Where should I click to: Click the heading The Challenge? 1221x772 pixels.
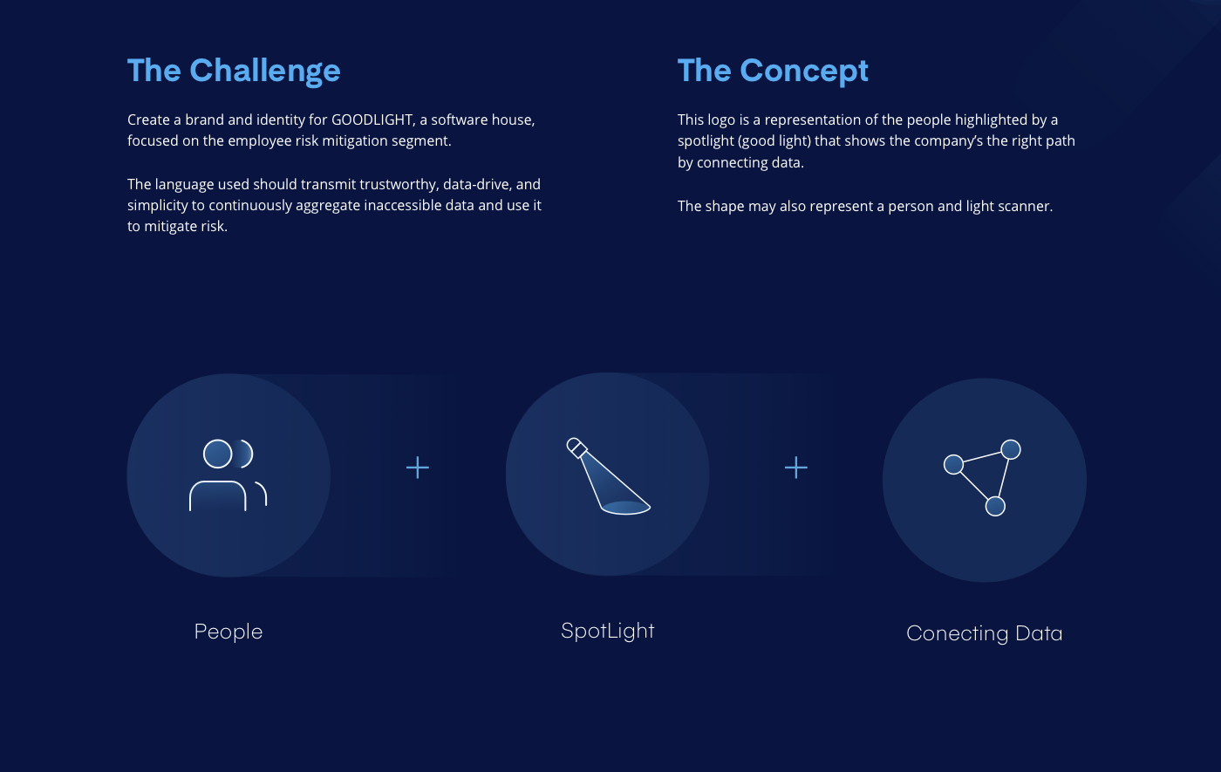pyautogui.click(x=234, y=71)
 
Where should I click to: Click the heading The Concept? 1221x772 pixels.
pyautogui.click(x=773, y=71)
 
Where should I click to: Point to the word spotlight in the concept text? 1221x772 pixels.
pyautogui.click(x=706, y=141)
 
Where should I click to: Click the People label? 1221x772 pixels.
pyautogui.click(x=229, y=632)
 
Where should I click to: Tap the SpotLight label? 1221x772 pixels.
pyautogui.click(x=608, y=631)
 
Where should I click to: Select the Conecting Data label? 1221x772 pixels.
pyautogui.click(x=985, y=633)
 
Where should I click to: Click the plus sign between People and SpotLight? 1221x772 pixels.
pyautogui.click(x=418, y=468)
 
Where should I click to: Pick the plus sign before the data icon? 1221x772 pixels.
pyautogui.click(x=796, y=468)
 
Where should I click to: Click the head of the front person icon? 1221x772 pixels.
pyautogui.click(x=217, y=454)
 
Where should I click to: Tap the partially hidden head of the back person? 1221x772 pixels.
pyautogui.click(x=246, y=454)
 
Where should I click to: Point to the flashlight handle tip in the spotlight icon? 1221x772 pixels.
pyautogui.click(x=576, y=447)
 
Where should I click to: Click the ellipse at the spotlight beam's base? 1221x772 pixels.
pyautogui.click(x=626, y=508)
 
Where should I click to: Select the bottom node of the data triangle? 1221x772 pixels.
pyautogui.click(x=995, y=506)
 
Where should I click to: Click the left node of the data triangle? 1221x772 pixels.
pyautogui.click(x=953, y=465)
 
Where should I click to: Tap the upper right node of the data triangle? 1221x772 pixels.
pyautogui.click(x=1011, y=450)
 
